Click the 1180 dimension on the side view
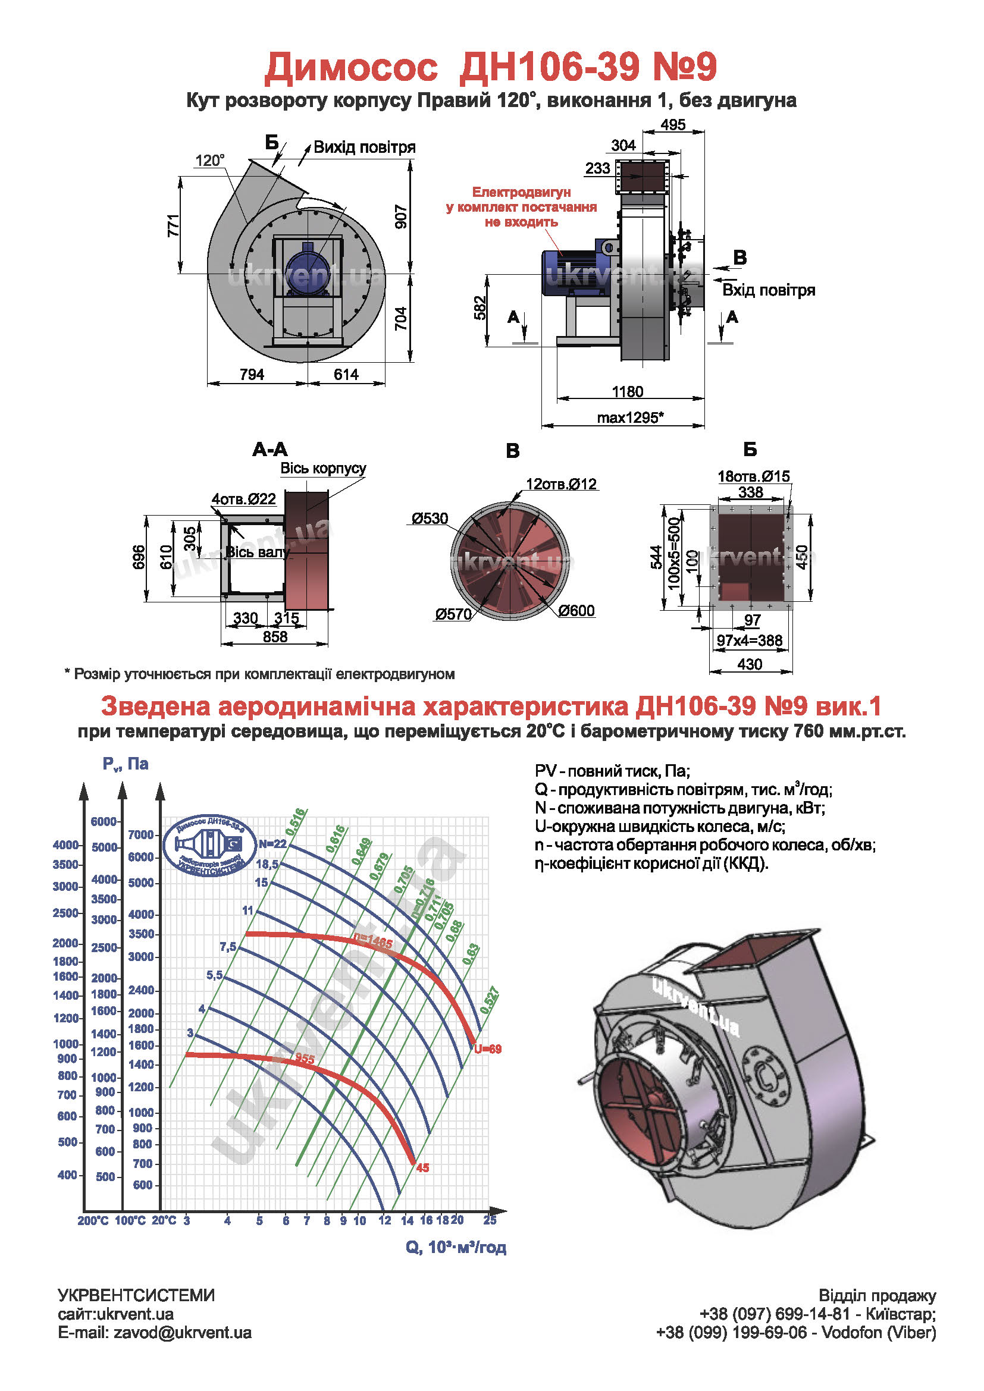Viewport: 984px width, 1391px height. [x=627, y=391]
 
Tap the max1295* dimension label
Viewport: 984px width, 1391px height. [x=630, y=417]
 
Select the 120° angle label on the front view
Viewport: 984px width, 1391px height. [x=209, y=161]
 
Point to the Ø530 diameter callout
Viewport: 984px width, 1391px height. [x=430, y=519]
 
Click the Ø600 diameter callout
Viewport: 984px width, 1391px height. [x=576, y=611]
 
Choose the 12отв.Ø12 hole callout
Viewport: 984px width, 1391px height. [x=561, y=484]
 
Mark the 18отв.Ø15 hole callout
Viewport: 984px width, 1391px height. [x=753, y=476]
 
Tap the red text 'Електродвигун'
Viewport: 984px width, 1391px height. [x=521, y=192]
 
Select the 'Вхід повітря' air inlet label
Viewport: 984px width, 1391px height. [x=768, y=290]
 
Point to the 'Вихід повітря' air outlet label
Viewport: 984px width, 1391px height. [x=364, y=147]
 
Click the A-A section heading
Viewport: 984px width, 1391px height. [x=270, y=450]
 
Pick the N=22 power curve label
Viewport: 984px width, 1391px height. [x=272, y=844]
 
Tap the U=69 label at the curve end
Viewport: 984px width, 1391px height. [x=488, y=1049]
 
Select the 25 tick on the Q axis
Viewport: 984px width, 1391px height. [x=490, y=1220]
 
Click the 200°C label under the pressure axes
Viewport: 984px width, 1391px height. [x=93, y=1221]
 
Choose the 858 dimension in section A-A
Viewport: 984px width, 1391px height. [x=275, y=637]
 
